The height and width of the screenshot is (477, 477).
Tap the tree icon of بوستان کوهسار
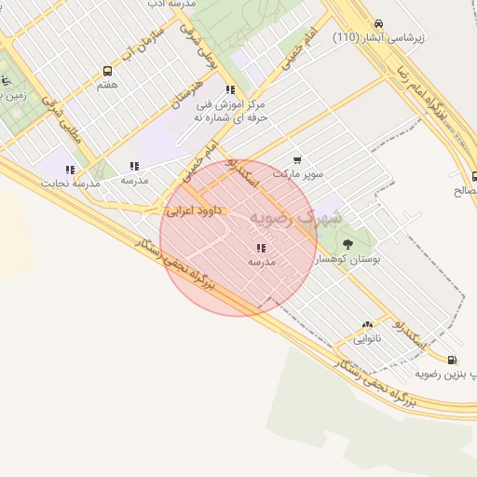[x=348, y=245]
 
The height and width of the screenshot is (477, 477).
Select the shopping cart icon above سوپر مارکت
[x=297, y=160]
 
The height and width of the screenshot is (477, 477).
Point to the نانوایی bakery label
[x=365, y=338]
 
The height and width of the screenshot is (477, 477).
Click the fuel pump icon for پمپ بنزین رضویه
[x=452, y=360]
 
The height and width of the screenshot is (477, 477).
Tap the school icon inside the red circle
[x=261, y=249]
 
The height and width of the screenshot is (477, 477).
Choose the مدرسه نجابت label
[x=70, y=184]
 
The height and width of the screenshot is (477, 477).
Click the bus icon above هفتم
[x=107, y=71]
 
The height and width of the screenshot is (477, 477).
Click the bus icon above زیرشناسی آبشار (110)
[x=378, y=23]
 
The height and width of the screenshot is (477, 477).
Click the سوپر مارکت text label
[x=297, y=173]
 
